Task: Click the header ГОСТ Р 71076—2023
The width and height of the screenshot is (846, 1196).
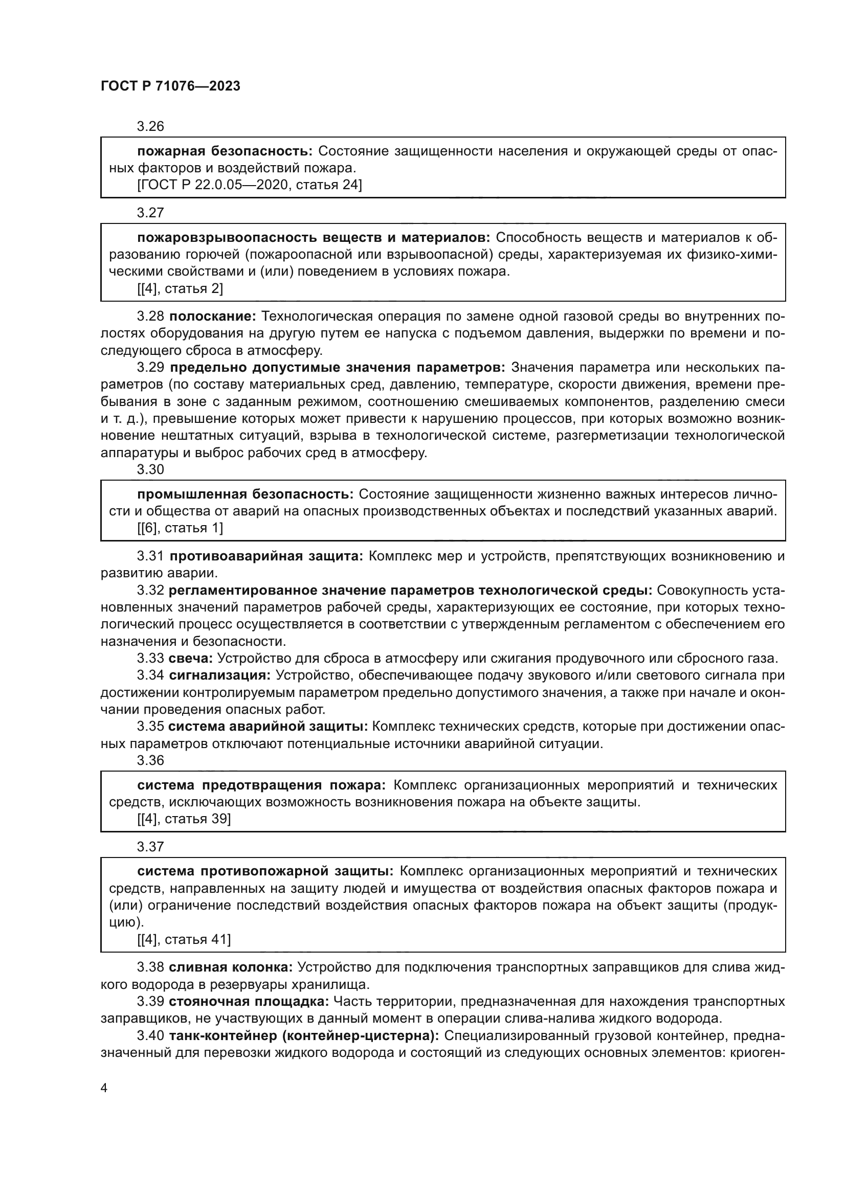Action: (x=170, y=86)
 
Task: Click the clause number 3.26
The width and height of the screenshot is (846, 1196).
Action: (x=150, y=126)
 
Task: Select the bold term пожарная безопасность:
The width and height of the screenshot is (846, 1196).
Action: (x=225, y=151)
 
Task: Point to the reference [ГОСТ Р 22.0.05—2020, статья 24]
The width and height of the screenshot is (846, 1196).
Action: (x=250, y=185)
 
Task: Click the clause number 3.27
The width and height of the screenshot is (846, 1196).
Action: (x=150, y=213)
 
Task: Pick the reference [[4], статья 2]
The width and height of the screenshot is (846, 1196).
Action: (x=180, y=288)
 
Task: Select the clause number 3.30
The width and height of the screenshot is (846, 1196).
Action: (x=150, y=469)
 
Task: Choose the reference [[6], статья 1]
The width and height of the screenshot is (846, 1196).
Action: (x=180, y=528)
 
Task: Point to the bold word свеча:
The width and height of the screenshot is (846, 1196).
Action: (x=191, y=659)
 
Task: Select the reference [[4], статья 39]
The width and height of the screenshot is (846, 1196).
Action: (x=184, y=818)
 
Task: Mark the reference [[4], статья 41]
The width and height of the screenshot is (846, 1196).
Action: (x=184, y=939)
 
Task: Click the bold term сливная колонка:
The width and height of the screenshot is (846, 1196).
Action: (x=231, y=967)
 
